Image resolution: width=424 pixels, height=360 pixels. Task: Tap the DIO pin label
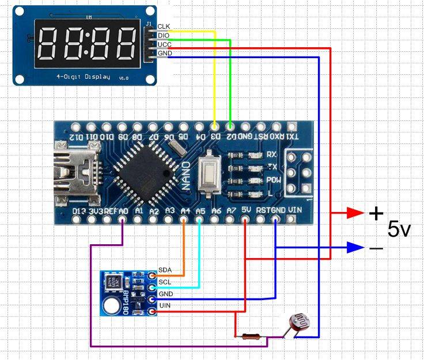pos(164,36)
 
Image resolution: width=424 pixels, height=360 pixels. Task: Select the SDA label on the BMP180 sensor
pos(165,270)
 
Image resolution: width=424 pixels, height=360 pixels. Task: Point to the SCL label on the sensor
pos(165,282)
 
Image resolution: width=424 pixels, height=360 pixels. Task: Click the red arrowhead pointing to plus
pos(355,213)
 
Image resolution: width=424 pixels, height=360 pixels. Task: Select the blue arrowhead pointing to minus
pos(355,248)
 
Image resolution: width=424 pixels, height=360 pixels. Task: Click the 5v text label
pos(399,230)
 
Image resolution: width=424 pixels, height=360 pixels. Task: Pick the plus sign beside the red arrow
pos(376,214)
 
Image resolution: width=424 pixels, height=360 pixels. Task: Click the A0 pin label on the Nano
pos(123,211)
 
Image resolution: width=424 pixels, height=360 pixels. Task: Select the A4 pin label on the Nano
pos(185,211)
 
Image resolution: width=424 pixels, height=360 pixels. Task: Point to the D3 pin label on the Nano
pos(214,137)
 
